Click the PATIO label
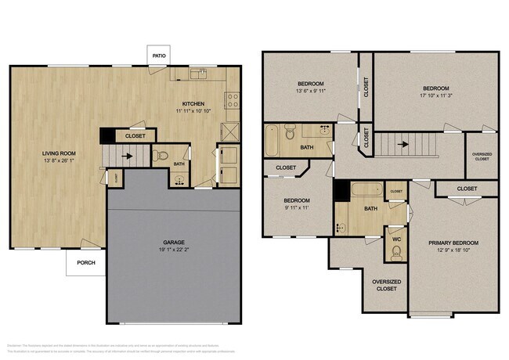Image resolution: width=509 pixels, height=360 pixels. pos(160,56)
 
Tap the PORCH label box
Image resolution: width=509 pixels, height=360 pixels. pos(85,262)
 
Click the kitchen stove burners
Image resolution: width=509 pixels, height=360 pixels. pos(232,99)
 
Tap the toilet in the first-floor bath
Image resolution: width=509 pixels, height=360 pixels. pos(162,155)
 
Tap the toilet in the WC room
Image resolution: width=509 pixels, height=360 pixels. pos(396,251)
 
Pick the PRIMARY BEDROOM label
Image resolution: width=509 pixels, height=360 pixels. pos(453,243)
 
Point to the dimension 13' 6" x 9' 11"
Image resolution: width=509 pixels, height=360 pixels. pos(311,91)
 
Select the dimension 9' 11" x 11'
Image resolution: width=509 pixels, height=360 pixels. pos(296,208)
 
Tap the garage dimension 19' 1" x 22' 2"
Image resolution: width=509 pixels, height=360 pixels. pos(173,250)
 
